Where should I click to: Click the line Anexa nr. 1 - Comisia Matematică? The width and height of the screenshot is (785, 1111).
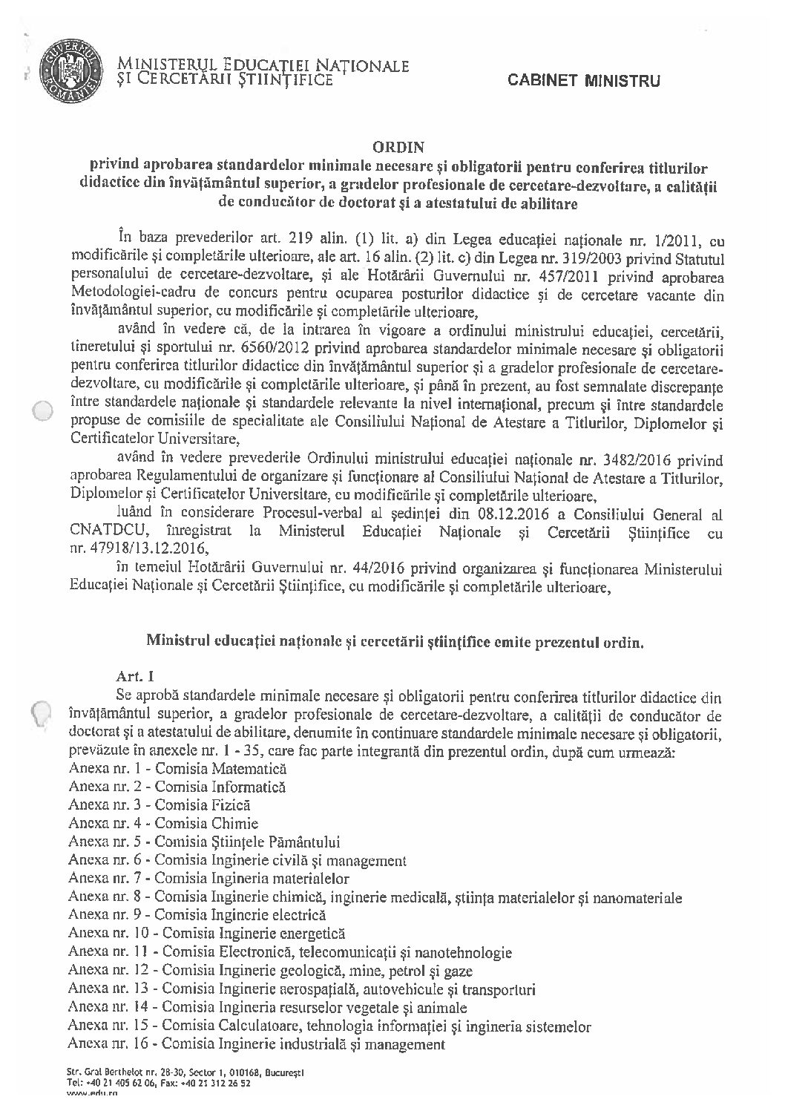(x=177, y=770)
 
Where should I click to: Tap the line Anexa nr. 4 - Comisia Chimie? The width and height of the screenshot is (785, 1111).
(x=162, y=823)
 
